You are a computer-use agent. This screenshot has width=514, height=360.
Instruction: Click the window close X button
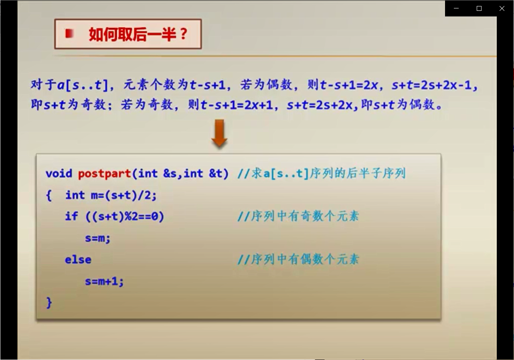pyautogui.click(x=502, y=8)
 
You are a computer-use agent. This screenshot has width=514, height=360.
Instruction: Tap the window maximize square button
pyautogui.click(x=479, y=8)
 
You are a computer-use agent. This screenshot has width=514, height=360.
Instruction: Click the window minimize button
pyautogui.click(x=456, y=8)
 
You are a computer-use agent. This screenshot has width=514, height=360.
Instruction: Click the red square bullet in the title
pyautogui.click(x=69, y=34)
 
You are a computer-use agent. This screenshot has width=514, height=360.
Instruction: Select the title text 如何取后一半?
pyautogui.click(x=138, y=34)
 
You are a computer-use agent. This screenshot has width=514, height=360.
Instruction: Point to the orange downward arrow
pyautogui.click(x=219, y=133)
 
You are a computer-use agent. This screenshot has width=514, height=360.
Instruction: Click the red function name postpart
pyautogui.click(x=105, y=174)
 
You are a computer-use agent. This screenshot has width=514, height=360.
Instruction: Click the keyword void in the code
pyautogui.click(x=59, y=173)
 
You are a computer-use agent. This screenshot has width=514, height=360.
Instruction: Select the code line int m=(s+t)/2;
pyautogui.click(x=111, y=195)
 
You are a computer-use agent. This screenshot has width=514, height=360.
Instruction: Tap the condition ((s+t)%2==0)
pyautogui.click(x=125, y=216)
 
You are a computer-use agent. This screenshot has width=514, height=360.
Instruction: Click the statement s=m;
pyautogui.click(x=97, y=238)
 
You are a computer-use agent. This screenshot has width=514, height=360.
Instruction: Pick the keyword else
pyautogui.click(x=78, y=259)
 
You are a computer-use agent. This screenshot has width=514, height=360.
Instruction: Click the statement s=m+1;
pyautogui.click(x=104, y=281)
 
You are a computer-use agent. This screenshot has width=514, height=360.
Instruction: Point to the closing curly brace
pyautogui.click(x=49, y=303)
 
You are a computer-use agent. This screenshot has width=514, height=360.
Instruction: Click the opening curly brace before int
pyautogui.click(x=49, y=196)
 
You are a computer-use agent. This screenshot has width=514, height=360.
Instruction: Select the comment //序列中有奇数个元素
pyautogui.click(x=298, y=216)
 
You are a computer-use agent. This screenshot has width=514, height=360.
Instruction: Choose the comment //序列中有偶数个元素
pyautogui.click(x=298, y=259)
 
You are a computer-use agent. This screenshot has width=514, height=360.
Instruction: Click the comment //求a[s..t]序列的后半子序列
pyautogui.click(x=322, y=173)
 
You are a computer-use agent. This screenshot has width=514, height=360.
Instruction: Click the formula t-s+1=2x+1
pyautogui.click(x=237, y=105)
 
